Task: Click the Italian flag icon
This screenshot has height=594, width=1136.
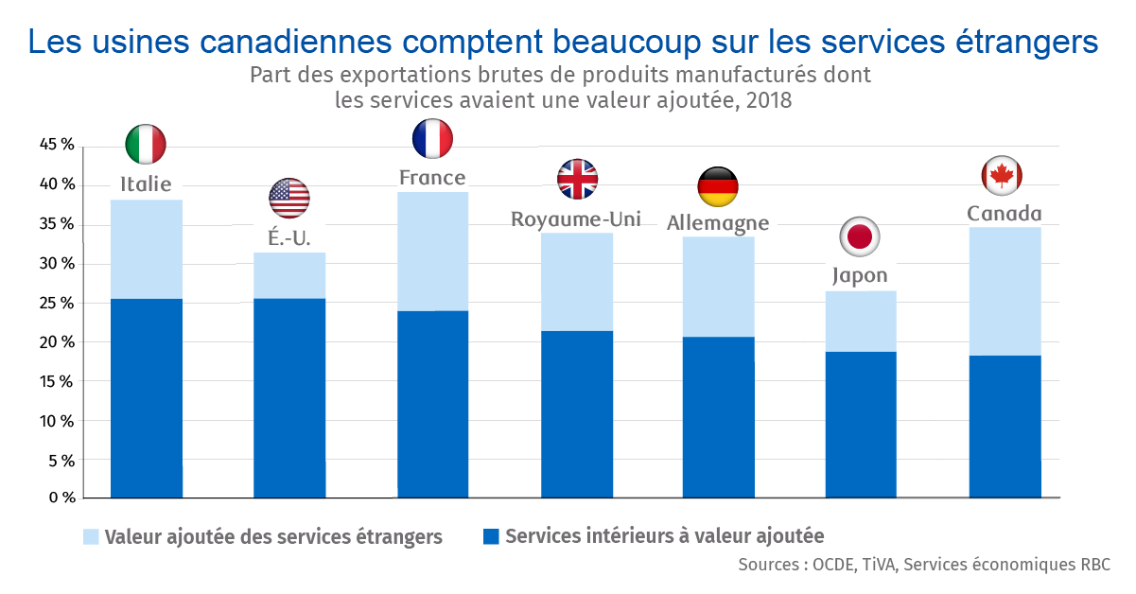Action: [x=146, y=144]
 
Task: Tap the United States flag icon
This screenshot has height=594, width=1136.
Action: [x=289, y=198]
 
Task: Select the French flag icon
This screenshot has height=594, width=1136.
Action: [x=432, y=138]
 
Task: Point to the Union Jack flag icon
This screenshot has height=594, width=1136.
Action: [x=577, y=179]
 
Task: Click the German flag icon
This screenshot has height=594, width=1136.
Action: [x=718, y=187]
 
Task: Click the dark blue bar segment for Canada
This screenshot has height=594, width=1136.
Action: [x=1005, y=426]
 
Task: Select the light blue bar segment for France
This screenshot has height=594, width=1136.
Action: [x=432, y=252]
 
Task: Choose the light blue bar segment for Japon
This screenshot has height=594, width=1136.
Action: [x=861, y=322]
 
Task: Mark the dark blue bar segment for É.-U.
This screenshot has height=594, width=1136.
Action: [x=289, y=397]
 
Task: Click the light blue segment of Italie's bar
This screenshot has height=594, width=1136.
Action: [x=147, y=250]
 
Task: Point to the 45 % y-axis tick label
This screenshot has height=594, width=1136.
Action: [x=55, y=145]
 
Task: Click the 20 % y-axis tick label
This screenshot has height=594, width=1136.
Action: [x=55, y=342]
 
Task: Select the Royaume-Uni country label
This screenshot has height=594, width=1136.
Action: [x=576, y=219]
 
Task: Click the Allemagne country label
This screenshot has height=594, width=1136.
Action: [x=718, y=223]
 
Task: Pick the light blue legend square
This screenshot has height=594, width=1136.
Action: [x=91, y=537]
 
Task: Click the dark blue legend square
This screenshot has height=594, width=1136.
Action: [x=490, y=536]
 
